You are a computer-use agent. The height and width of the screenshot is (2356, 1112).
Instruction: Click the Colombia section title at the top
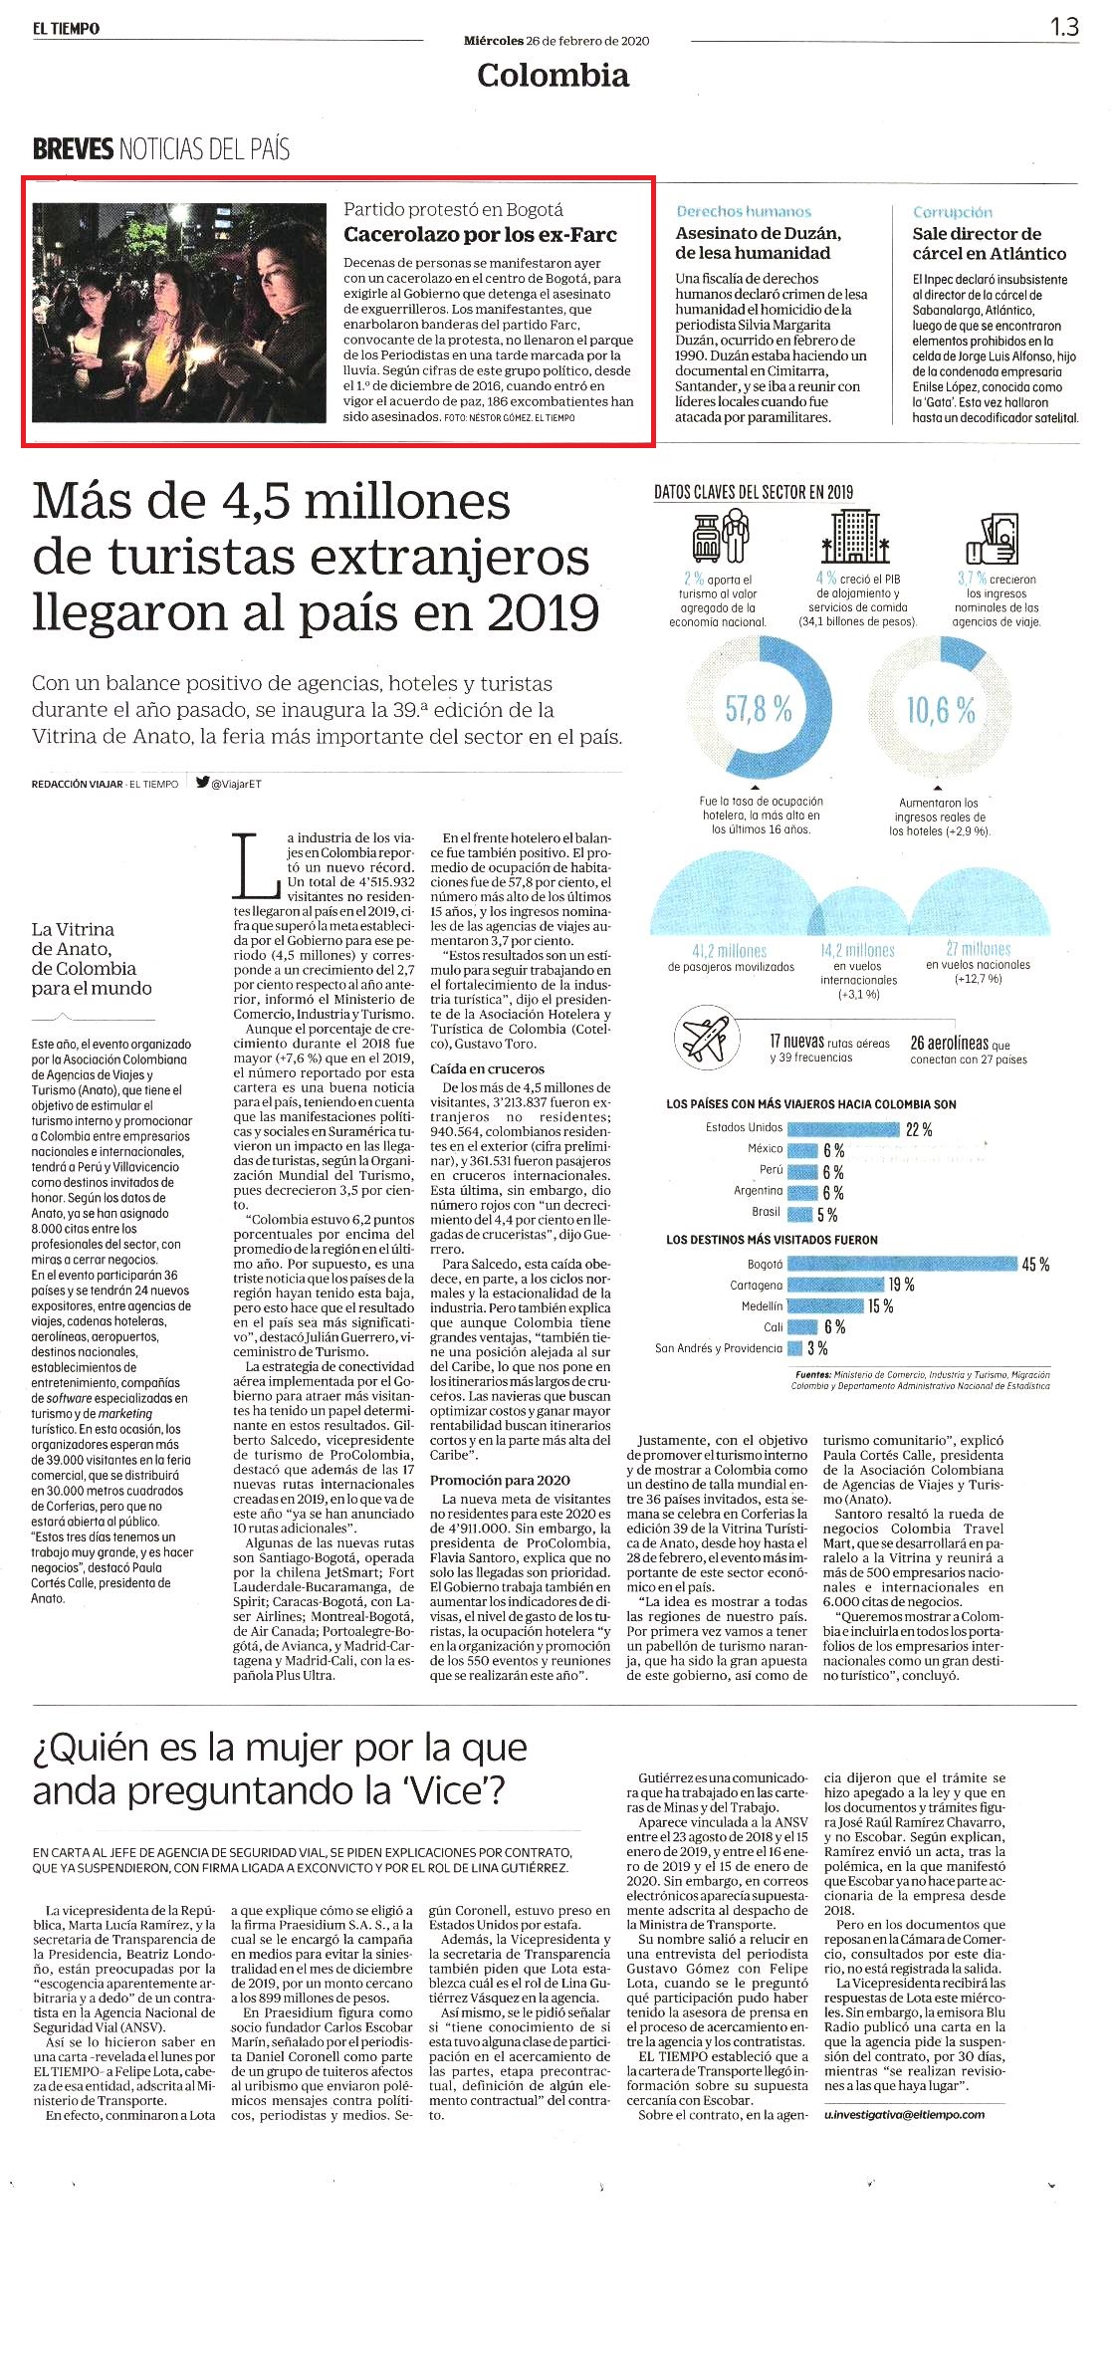coord(553,76)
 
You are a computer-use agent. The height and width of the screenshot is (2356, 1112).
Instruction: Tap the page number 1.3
coord(1064,27)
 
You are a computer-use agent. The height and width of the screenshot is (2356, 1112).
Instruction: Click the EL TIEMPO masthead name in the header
coord(66,29)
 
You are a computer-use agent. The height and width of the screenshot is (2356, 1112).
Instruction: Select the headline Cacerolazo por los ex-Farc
coord(480,235)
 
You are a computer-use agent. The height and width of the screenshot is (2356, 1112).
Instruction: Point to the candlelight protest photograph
coord(180,313)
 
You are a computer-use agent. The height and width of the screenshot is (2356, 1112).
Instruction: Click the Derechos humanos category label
coord(744,212)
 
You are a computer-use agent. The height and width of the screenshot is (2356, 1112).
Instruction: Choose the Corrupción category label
coord(953,212)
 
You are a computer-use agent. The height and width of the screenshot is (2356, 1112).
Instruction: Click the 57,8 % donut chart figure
coord(759,709)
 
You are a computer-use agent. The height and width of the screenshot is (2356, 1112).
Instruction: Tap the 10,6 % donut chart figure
coord(940,709)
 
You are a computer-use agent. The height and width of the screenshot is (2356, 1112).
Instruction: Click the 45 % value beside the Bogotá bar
coord(1035,1265)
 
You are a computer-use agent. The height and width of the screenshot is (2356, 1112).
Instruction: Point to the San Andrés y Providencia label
coord(719,1348)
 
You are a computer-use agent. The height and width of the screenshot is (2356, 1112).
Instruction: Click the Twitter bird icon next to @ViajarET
coord(202,783)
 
